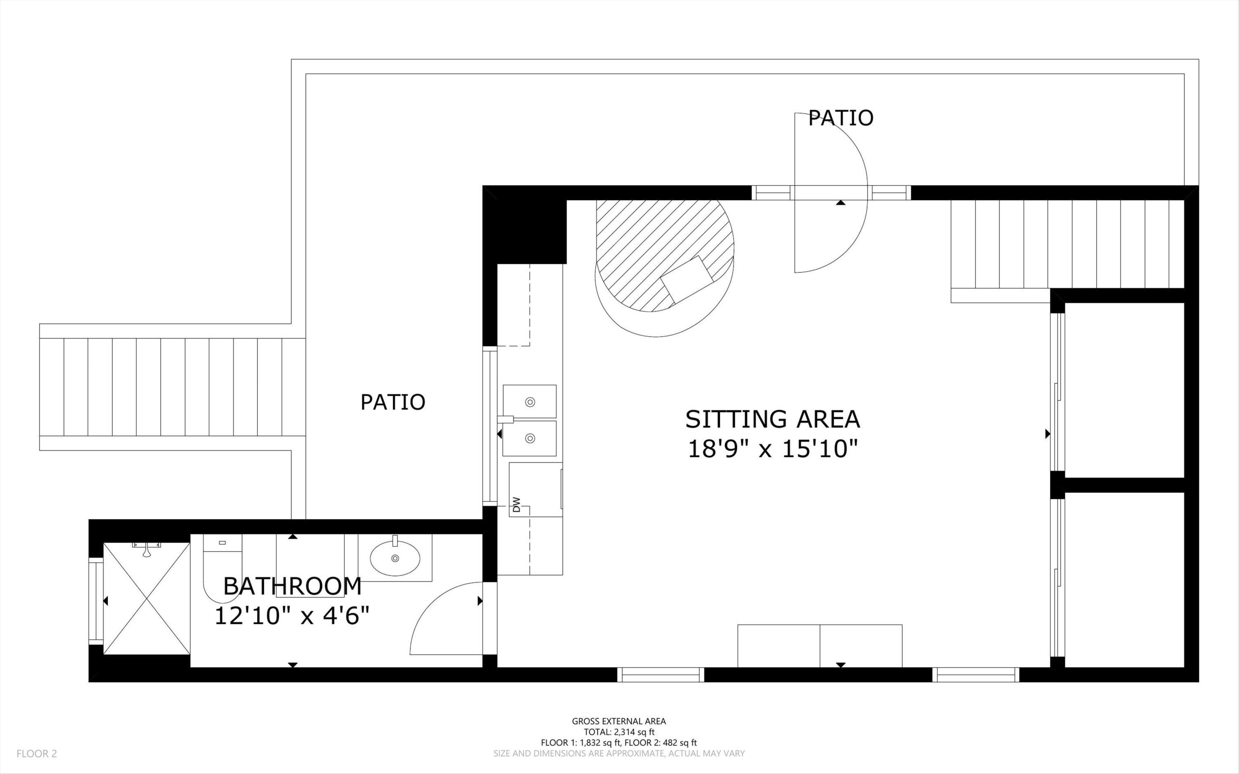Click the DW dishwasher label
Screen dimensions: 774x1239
(x=516, y=505)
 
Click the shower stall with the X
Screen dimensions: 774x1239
(x=147, y=598)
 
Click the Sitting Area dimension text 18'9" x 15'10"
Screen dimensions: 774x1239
(x=772, y=449)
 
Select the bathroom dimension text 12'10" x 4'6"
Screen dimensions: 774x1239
(x=291, y=616)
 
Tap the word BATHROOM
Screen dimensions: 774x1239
(x=292, y=586)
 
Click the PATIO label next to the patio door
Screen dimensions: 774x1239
(x=840, y=118)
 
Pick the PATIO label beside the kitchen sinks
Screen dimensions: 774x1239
(x=392, y=402)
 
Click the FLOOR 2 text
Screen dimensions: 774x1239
(x=37, y=753)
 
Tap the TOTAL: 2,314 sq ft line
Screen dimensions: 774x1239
(x=619, y=732)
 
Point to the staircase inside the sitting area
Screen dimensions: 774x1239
(x=1067, y=244)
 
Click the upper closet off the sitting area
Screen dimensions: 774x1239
(x=1124, y=390)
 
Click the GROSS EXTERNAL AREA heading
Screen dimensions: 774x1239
(x=619, y=721)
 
